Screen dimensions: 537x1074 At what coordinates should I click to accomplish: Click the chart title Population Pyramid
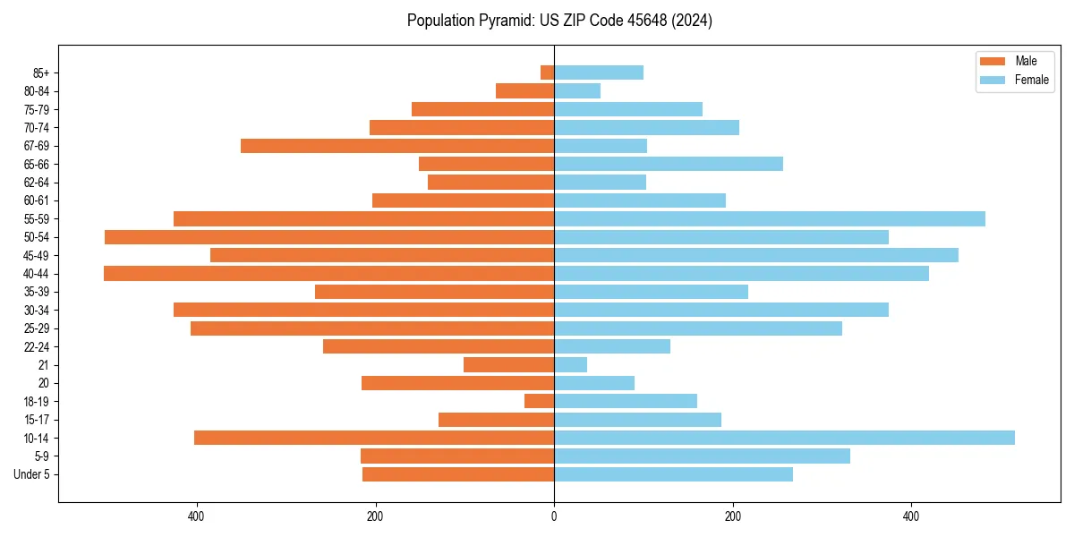[x=559, y=21]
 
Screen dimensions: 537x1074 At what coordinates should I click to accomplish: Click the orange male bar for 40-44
[x=329, y=274]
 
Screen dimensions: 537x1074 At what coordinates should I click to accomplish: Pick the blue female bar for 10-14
[x=784, y=438]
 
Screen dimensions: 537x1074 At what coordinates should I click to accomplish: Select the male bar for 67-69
[x=397, y=146]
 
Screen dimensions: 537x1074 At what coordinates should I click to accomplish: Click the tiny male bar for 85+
[x=547, y=72]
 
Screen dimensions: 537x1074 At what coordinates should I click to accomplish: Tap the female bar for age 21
[x=571, y=365]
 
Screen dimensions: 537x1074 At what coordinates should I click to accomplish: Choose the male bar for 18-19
[x=540, y=401]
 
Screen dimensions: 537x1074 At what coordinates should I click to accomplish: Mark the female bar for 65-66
[x=669, y=164]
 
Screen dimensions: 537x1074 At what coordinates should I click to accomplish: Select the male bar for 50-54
[x=329, y=237]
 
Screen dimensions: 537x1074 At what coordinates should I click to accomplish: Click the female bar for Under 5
[x=673, y=474]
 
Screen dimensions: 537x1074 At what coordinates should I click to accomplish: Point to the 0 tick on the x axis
[x=554, y=516]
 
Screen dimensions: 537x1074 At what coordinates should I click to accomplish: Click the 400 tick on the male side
[x=197, y=516]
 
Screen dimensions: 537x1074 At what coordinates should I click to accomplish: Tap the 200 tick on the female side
[x=733, y=516]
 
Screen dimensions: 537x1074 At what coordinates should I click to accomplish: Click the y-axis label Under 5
[x=31, y=474]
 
